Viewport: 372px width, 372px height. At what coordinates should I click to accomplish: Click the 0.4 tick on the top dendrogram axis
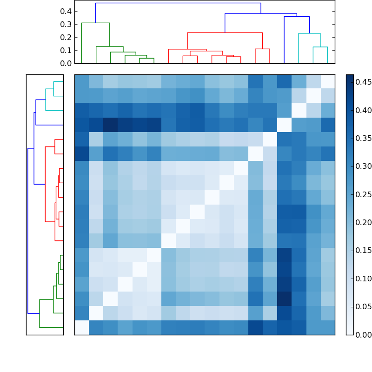pos(66,11)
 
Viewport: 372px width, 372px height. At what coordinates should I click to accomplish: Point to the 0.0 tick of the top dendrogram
pos(66,63)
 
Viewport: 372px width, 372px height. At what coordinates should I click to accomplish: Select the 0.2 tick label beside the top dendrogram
pos(66,37)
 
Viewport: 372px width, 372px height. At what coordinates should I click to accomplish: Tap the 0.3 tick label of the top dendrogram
pos(66,24)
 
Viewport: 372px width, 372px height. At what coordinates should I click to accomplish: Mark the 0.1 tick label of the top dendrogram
pos(66,50)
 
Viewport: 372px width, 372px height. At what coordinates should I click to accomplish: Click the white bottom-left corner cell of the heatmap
pos(81,327)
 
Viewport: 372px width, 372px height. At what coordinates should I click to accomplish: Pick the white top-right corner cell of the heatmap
pos(327,81)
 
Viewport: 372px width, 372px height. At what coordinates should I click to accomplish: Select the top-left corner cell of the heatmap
pos(81,81)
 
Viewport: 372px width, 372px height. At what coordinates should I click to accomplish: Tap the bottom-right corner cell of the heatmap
pos(327,327)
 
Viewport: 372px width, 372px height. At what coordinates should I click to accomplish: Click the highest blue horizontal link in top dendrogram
pos(178,3)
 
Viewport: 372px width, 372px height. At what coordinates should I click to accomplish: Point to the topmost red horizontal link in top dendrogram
pos(225,33)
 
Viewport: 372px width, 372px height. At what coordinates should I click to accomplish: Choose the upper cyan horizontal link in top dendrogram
pos(309,33)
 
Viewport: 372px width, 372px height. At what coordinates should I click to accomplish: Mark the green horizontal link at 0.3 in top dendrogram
pos(95,23)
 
